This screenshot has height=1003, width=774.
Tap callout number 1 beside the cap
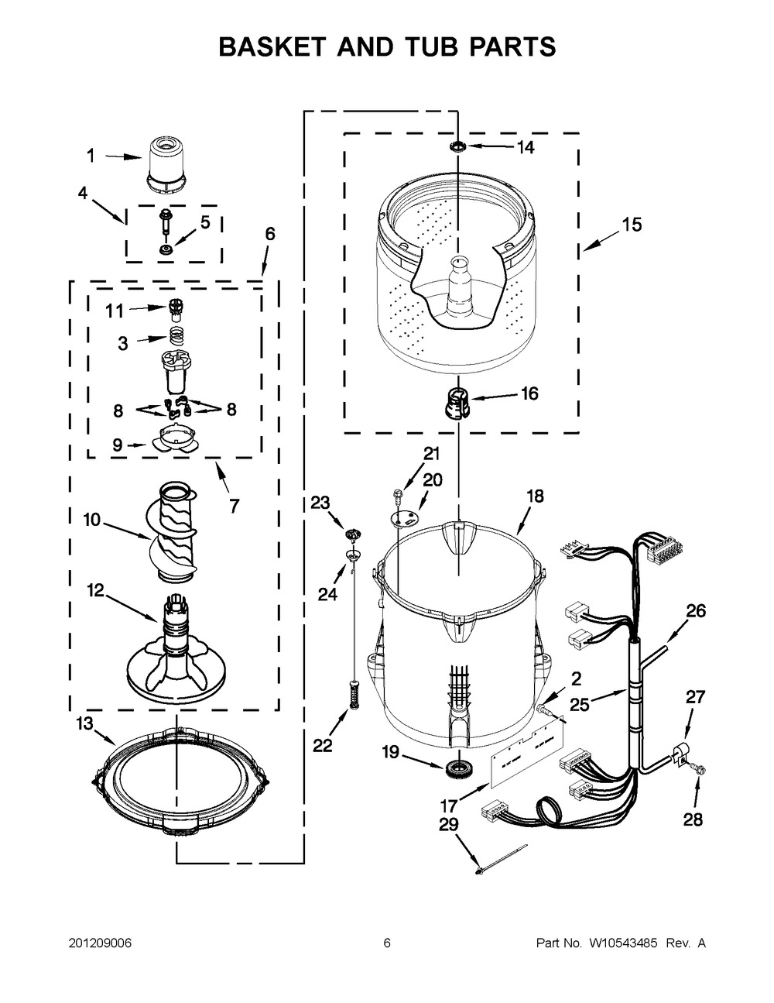(91, 156)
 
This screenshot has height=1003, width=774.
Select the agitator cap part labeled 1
(166, 163)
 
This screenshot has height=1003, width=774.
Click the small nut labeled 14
(459, 146)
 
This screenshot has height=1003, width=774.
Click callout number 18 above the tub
(535, 496)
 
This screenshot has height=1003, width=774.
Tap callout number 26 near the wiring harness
(696, 611)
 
